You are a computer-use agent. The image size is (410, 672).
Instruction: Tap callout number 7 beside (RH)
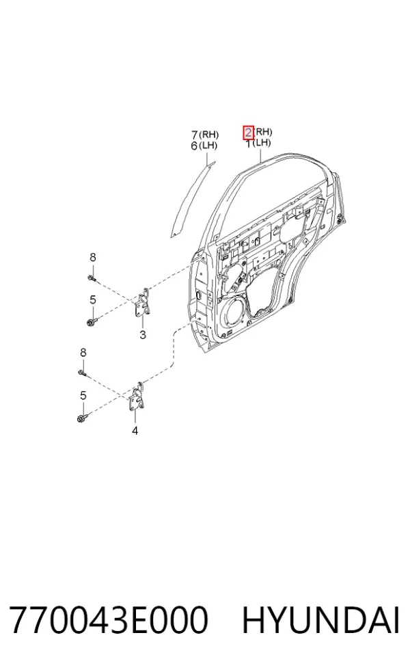click(x=195, y=135)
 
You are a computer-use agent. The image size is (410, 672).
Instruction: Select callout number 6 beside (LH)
click(x=194, y=146)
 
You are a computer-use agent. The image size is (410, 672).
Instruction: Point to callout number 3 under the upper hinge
click(x=143, y=335)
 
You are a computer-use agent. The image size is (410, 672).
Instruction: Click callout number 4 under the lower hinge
click(x=135, y=431)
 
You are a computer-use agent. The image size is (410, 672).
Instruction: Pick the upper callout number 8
click(x=93, y=258)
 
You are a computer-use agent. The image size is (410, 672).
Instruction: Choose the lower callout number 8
click(x=83, y=353)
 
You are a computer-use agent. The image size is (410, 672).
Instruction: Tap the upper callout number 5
click(x=93, y=300)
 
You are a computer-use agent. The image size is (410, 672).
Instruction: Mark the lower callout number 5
click(x=83, y=396)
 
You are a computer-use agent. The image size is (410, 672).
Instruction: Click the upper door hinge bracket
click(x=142, y=304)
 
